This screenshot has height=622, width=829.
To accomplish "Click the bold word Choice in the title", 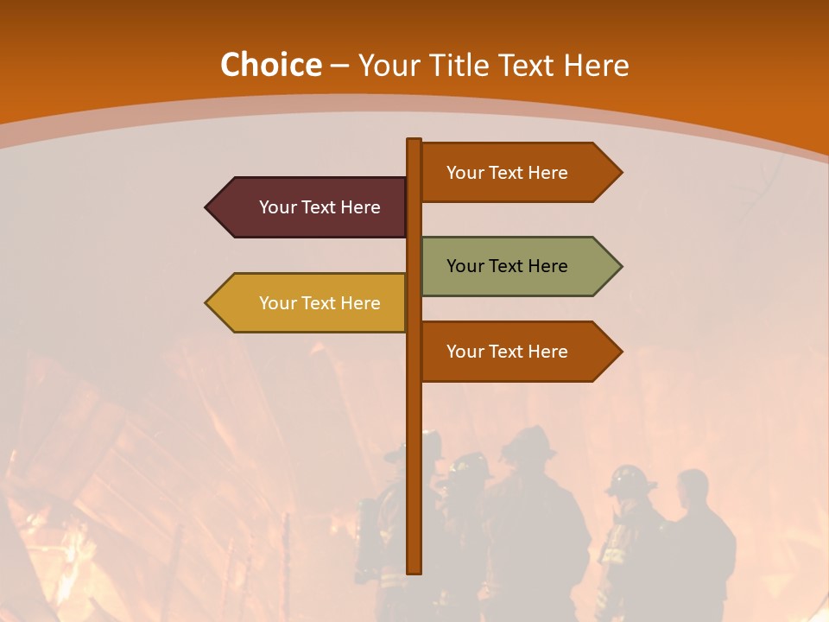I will pyautogui.click(x=270, y=65).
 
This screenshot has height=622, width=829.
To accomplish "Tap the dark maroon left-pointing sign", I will pyautogui.click(x=311, y=207).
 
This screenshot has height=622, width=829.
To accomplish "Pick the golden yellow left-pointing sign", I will pyautogui.click(x=311, y=303).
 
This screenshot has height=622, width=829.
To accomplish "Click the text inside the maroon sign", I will pyautogui.click(x=320, y=207).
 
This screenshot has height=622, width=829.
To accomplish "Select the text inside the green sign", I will pyautogui.click(x=507, y=266).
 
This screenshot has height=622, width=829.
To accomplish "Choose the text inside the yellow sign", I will pyautogui.click(x=320, y=303).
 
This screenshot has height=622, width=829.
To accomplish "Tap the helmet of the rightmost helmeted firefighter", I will pyautogui.click(x=629, y=478).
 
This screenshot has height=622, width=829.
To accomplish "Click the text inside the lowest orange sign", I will pyautogui.click(x=507, y=352).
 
